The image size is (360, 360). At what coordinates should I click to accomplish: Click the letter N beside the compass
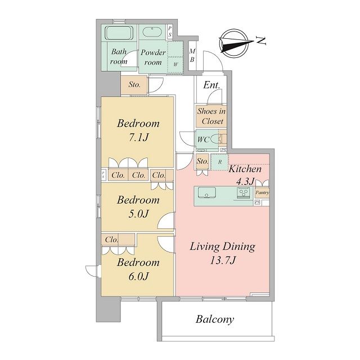point(261,40)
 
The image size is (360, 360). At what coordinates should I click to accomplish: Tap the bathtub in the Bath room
point(119,33)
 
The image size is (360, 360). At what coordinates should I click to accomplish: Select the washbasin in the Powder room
point(152,31)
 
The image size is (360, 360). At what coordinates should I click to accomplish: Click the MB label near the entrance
point(192,55)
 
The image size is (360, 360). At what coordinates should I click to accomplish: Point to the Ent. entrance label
point(211,85)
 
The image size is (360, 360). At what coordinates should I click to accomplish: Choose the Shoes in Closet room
point(211,116)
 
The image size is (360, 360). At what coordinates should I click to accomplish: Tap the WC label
point(203,139)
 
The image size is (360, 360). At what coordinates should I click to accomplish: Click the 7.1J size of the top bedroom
point(138,137)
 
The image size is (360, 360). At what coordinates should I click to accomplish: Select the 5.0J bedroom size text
point(138,214)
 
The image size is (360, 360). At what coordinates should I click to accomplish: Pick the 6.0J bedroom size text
point(138,276)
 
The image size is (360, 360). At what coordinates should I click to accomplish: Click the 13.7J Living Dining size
point(223,260)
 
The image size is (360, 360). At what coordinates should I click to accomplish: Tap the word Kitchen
point(245,169)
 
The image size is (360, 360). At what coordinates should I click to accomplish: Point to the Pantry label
point(262,192)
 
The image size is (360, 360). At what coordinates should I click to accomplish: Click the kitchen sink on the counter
point(207,192)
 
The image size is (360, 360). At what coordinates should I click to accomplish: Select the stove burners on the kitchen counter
point(244,192)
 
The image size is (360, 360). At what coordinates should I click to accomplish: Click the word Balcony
point(215,319)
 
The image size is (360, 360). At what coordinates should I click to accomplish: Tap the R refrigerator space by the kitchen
point(219,162)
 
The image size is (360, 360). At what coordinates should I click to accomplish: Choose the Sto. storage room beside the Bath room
point(134,85)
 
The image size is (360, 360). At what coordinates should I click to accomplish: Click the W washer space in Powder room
point(175,65)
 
